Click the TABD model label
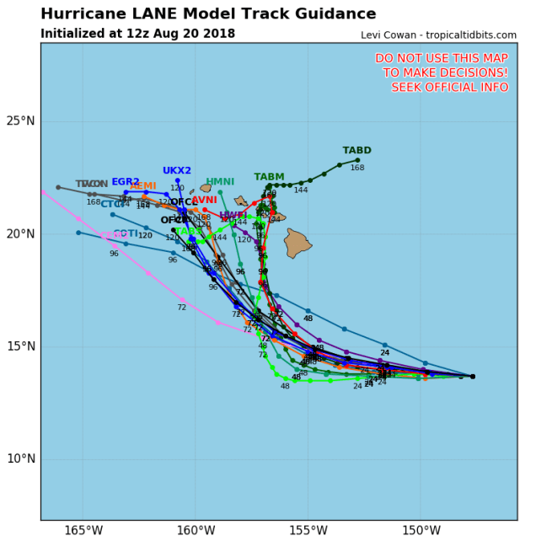coord(356,151)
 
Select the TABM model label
coord(269,177)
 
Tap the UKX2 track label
coord(177,170)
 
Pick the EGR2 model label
coord(126,181)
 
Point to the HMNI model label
coord(220,181)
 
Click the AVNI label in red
coord(205,200)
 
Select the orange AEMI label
coord(143,185)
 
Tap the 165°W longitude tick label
coord(83,530)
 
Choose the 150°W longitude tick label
coord(421,530)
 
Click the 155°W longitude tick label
coord(308,530)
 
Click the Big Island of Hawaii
coord(297,244)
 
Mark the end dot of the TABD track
coord(357,160)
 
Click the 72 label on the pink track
coord(181,308)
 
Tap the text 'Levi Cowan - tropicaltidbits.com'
coord(438,35)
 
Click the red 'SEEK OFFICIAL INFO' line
coord(444,87)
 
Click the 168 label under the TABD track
coord(357,169)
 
